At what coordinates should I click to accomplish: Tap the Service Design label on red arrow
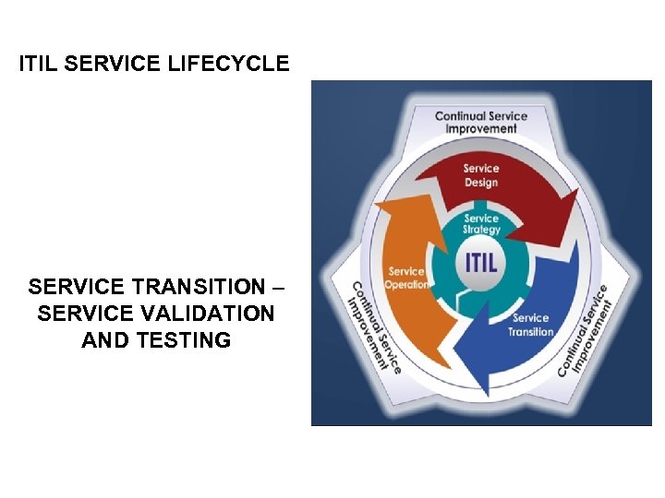pos(481,175)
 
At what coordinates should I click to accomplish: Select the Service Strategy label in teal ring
pos(481,224)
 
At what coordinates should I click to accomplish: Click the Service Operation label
pos(407,278)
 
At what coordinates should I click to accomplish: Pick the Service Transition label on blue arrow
pos(531,325)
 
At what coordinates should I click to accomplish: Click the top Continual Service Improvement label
pos(481,122)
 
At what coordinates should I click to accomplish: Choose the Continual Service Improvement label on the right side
pos(586,330)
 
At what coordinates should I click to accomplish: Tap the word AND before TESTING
pos(106,340)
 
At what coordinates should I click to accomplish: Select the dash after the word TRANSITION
pos(279,287)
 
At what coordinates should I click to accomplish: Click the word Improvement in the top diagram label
pos(481,129)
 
